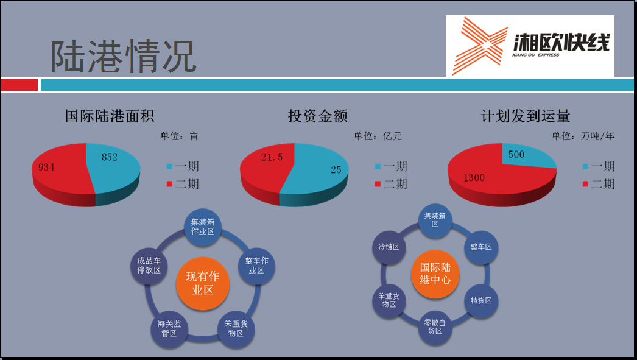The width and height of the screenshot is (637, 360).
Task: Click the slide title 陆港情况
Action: click(x=124, y=57)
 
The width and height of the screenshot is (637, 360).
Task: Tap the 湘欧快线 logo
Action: click(x=530, y=46)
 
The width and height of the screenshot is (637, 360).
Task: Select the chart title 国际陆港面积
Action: click(x=110, y=116)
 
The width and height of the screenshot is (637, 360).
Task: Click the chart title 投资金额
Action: click(x=318, y=116)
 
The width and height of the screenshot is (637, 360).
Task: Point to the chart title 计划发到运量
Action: click(x=526, y=116)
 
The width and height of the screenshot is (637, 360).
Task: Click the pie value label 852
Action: click(x=110, y=157)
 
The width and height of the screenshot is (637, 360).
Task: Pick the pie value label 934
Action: click(x=46, y=167)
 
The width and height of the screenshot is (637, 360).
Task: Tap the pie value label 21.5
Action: click(x=272, y=157)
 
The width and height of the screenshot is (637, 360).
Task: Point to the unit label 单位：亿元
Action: click(x=378, y=136)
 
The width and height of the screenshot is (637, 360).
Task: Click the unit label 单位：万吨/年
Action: click(x=583, y=136)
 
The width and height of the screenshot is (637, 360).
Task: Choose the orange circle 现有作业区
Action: click(x=203, y=283)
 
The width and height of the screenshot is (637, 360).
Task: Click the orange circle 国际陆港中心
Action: click(x=435, y=274)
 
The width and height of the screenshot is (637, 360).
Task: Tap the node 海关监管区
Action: click(x=169, y=329)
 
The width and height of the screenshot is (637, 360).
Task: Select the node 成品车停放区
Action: click(x=149, y=266)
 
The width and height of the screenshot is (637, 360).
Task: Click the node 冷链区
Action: click(x=389, y=247)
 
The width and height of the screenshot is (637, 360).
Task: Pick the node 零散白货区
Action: click(x=435, y=327)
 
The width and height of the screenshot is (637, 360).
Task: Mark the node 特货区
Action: click(x=481, y=301)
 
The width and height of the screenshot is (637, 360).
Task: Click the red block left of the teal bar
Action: click(x=19, y=85)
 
